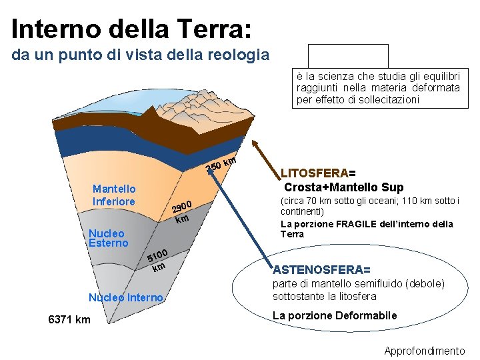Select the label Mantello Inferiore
pos(114,195)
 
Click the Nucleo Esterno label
pos(108,238)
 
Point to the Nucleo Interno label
pos(125,297)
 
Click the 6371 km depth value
pos(69,320)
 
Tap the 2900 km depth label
pos(181,211)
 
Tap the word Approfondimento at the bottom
pos(425,351)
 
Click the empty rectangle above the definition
pos(348,56)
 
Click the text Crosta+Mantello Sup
pos(344,187)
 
